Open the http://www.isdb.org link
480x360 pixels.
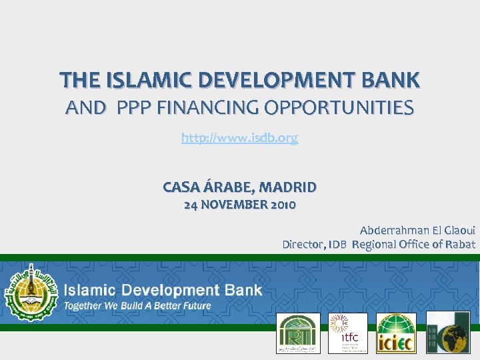click(x=239, y=138)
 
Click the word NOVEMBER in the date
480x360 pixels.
click(x=231, y=205)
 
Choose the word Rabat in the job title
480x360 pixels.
click(x=459, y=244)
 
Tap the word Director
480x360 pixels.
click(x=304, y=244)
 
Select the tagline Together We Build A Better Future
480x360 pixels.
click(x=137, y=306)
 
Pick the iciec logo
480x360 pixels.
click(x=397, y=333)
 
